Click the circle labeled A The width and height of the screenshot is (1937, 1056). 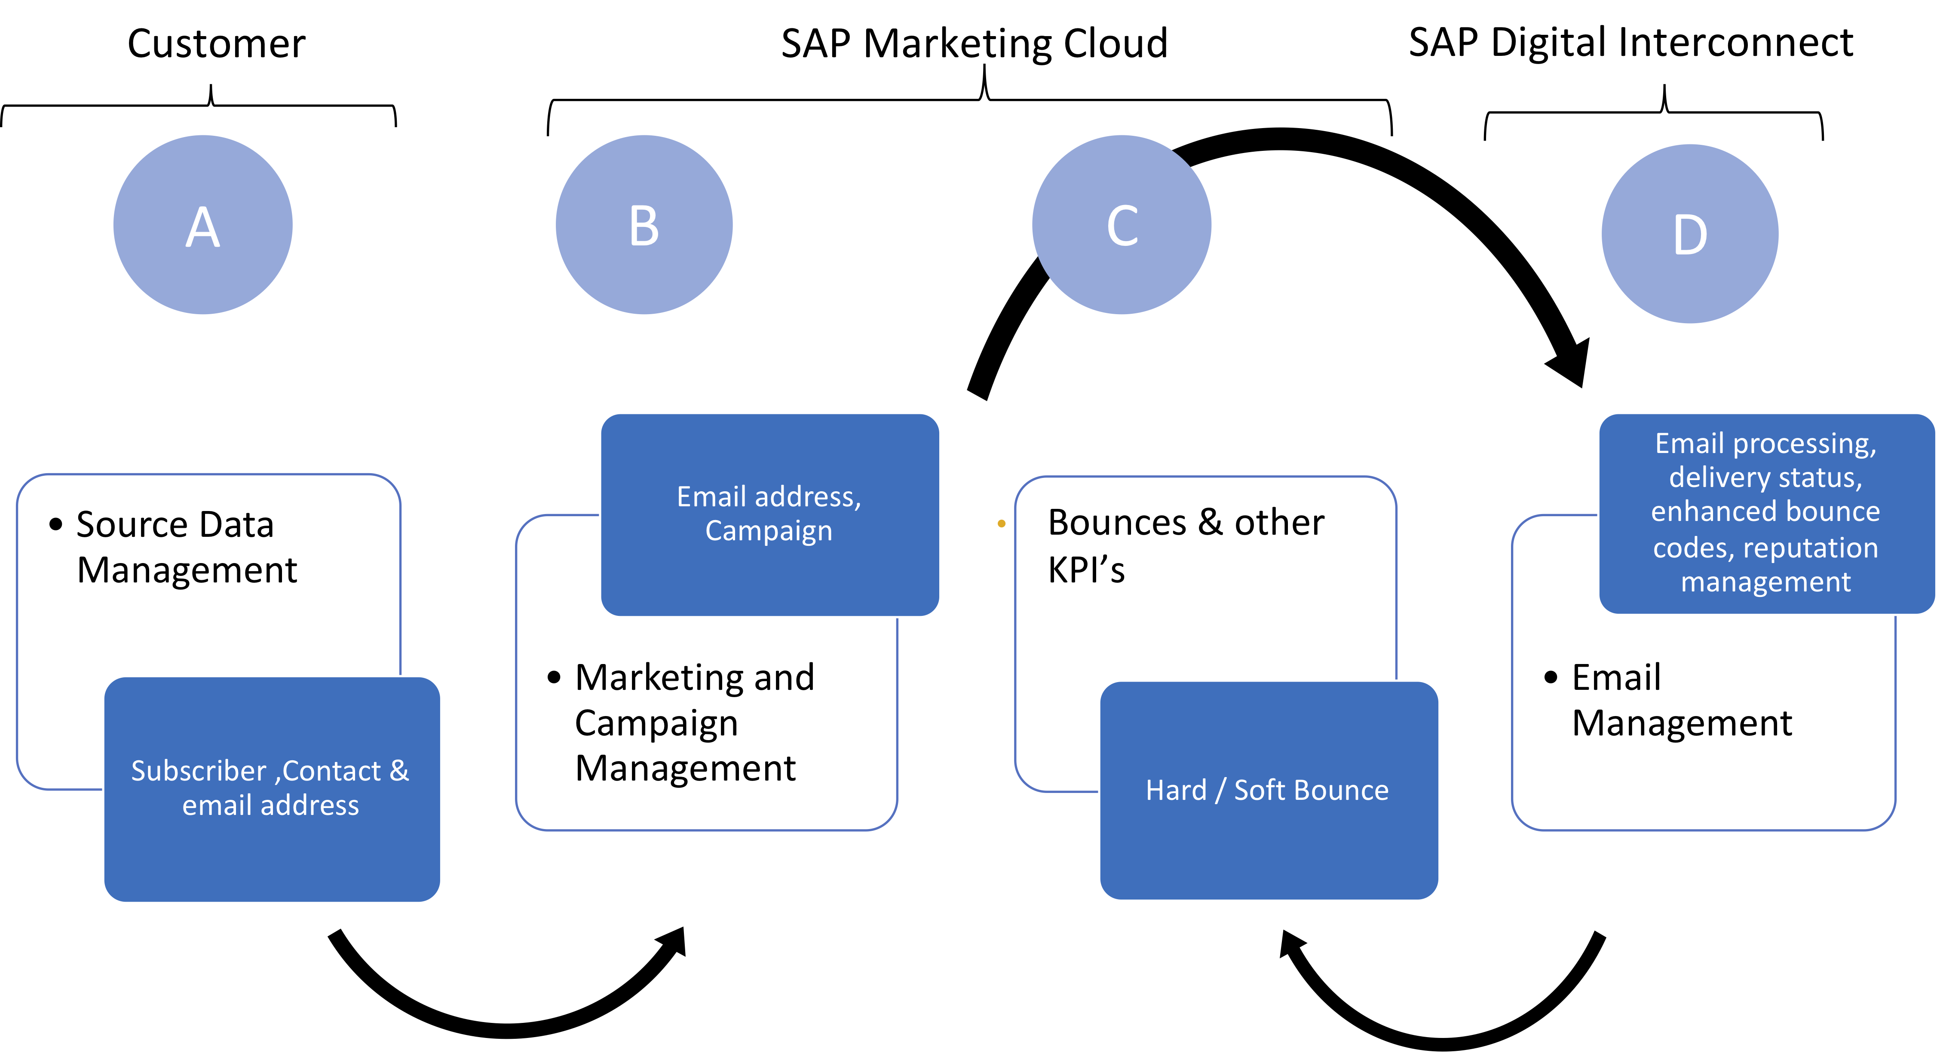pos(203,225)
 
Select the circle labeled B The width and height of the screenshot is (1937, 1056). pos(644,225)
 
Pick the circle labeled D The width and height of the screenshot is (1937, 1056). pos(1690,234)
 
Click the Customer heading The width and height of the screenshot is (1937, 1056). pos(217,43)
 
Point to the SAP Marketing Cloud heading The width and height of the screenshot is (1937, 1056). pos(975,43)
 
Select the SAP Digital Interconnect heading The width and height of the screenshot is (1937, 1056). pos(1630,42)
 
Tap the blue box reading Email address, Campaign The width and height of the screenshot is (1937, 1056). pos(769,514)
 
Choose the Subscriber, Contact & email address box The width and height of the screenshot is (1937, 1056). pos(271,788)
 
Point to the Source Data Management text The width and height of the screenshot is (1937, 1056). pos(187,547)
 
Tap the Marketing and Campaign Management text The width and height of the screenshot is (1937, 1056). pos(693,722)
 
